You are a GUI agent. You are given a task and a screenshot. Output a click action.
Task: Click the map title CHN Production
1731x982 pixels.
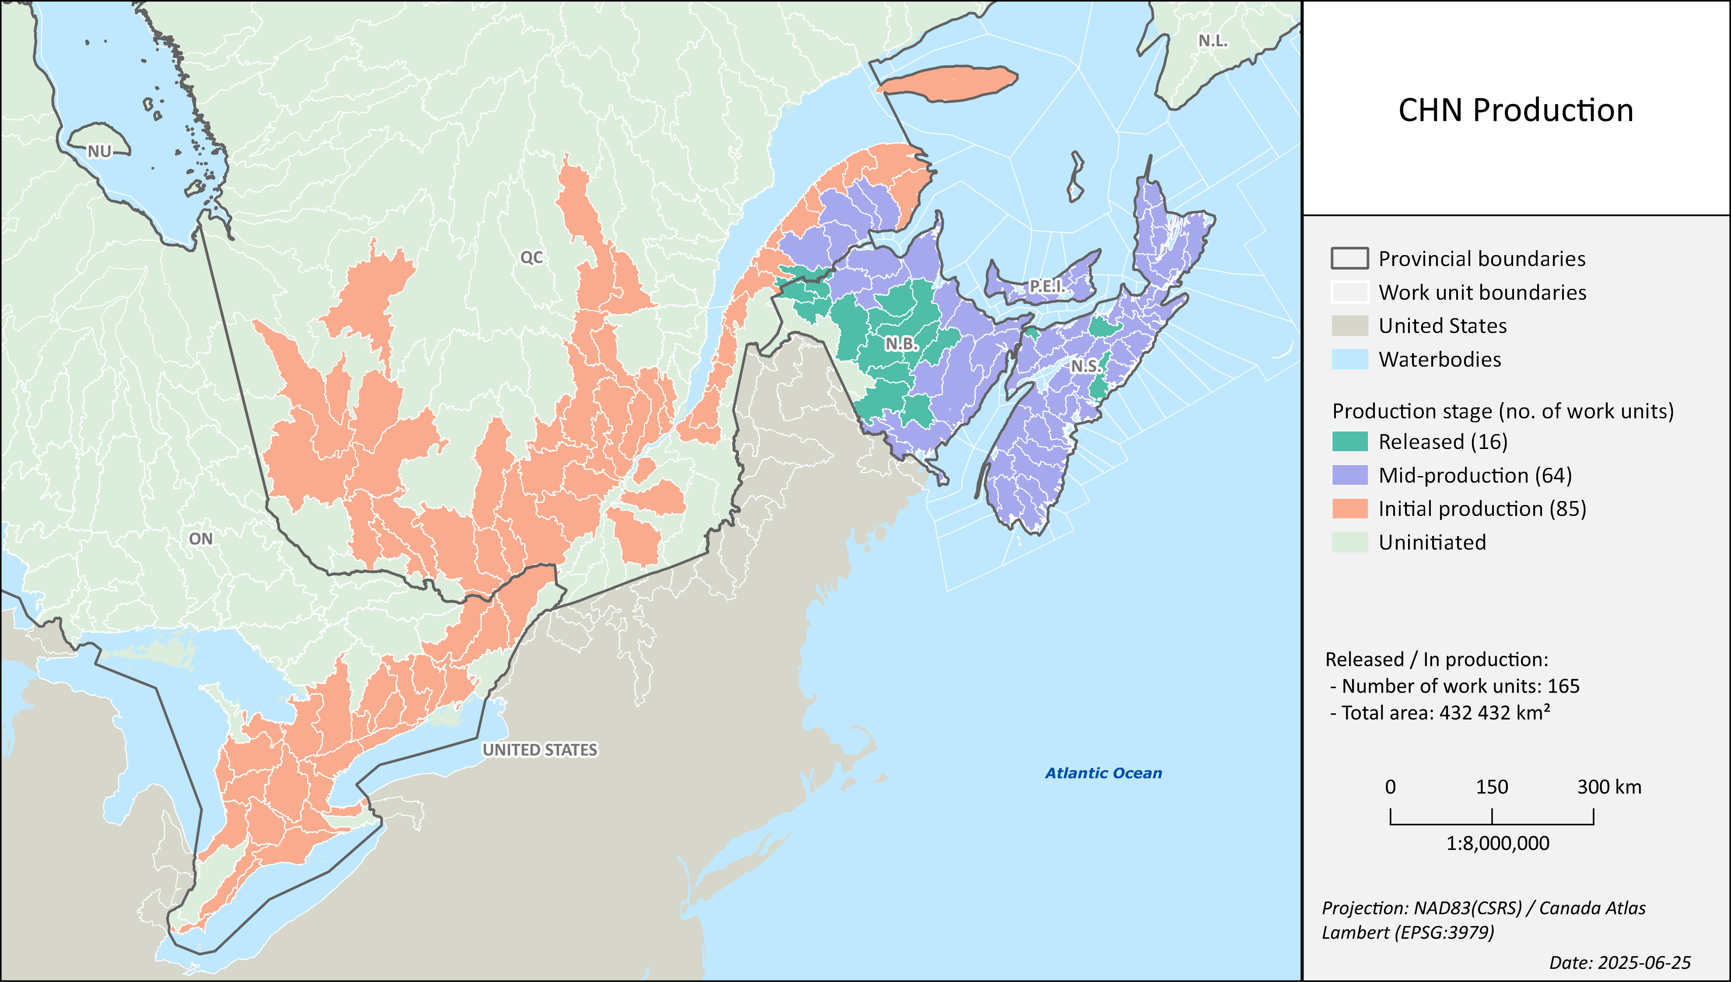1515,110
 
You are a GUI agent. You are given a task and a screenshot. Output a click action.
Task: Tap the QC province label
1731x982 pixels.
531,257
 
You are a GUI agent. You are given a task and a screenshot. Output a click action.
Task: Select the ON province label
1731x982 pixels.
200,539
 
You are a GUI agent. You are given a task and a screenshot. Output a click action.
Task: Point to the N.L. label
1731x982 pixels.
1212,41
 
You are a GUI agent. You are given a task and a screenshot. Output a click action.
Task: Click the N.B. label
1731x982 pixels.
901,344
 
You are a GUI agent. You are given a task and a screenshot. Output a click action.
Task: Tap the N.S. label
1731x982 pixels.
1086,366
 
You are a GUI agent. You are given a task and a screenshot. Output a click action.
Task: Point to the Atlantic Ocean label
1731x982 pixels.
1103,773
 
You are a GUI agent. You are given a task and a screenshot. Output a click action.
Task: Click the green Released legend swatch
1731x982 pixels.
1349,442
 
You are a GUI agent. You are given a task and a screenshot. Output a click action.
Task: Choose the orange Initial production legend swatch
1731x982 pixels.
1349,509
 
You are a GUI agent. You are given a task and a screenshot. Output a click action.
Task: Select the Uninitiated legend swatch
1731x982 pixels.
1349,542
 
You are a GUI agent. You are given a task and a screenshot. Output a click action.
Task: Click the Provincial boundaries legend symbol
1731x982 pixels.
1349,258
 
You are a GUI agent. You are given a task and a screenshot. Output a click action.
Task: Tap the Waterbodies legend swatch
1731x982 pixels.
1349,359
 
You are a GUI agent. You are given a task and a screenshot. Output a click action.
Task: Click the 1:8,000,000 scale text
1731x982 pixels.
1498,843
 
